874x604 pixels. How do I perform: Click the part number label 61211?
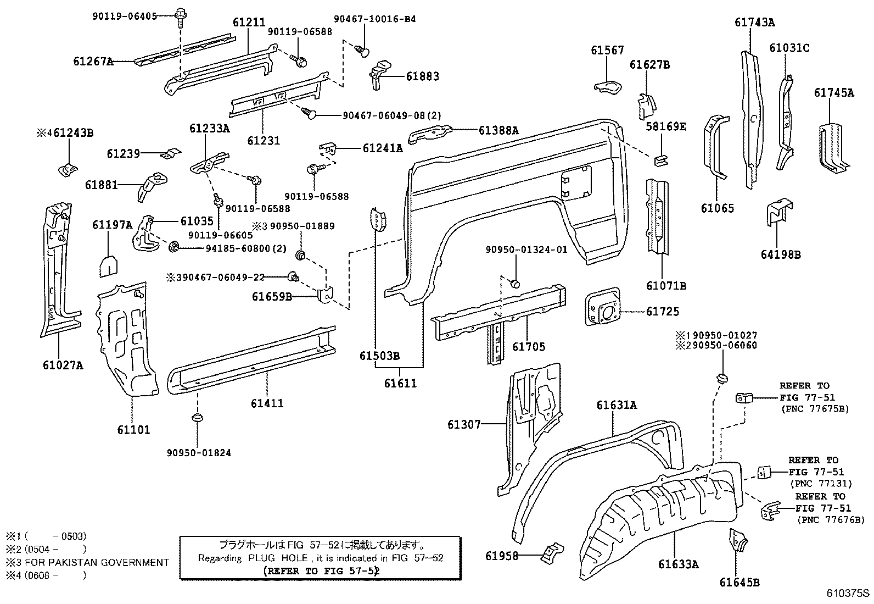(249, 23)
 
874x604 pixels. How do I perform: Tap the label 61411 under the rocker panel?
(267, 403)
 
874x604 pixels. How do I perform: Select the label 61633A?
(679, 564)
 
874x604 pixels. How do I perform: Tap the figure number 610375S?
(848, 594)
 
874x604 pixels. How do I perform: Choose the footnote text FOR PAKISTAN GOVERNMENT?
(98, 562)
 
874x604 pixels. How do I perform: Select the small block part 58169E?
(660, 159)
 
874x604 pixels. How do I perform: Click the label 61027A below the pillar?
(63, 364)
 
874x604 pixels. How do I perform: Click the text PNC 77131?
(821, 484)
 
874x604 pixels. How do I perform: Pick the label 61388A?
(498, 130)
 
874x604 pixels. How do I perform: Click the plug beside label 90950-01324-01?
(515, 283)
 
